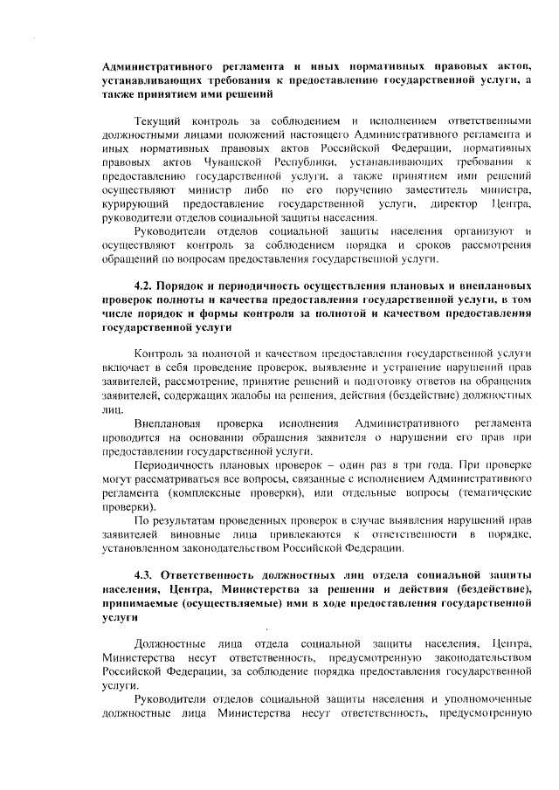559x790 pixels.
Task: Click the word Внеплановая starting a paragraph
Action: [x=172, y=422]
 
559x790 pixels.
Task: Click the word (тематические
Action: [x=490, y=493]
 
